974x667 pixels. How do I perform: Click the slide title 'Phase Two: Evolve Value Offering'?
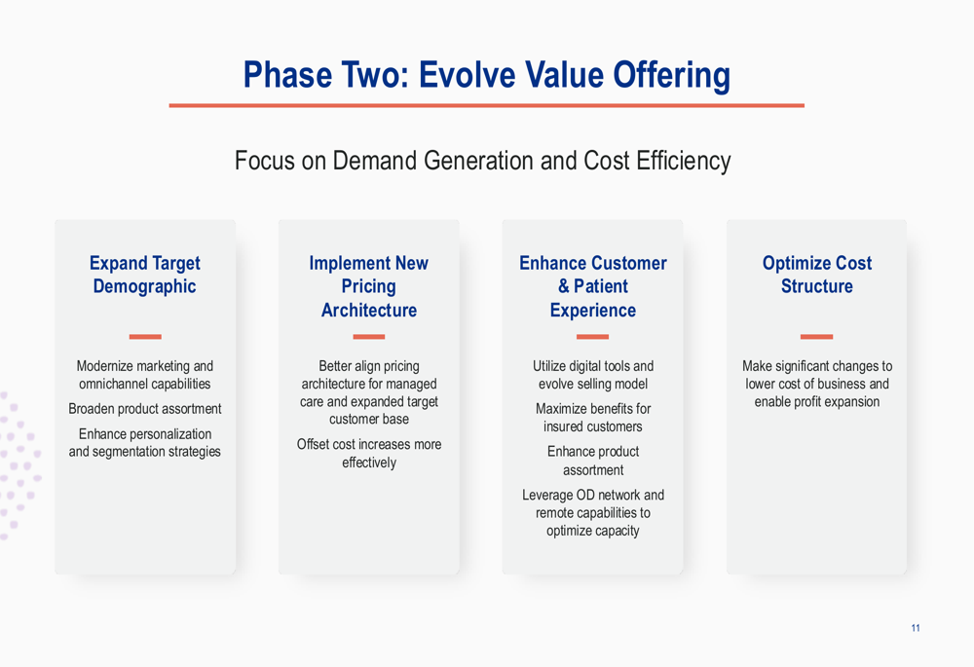[x=486, y=75]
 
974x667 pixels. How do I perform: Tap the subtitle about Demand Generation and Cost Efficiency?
[x=483, y=161]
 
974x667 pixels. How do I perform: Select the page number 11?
[x=916, y=628]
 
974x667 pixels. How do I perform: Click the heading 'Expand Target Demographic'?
[x=145, y=275]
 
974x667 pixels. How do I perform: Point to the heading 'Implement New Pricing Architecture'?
[x=369, y=286]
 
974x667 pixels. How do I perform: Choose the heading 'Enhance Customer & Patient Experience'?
[x=593, y=286]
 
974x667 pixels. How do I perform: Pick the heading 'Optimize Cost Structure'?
[x=817, y=275]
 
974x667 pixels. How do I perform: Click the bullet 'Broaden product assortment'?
[x=145, y=409]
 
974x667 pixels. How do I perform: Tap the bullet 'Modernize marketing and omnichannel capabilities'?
[x=145, y=375]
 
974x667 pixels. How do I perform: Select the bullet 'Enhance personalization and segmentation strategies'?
[x=145, y=443]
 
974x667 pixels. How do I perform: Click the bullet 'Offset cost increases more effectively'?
[x=369, y=454]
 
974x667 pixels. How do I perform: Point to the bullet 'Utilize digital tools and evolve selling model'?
[x=593, y=375]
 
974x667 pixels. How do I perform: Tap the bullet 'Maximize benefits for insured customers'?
[x=593, y=418]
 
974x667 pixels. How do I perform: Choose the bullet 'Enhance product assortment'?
[x=593, y=461]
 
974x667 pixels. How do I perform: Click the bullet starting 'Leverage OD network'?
[x=593, y=512]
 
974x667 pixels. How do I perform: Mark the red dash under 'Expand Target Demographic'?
[x=145, y=337]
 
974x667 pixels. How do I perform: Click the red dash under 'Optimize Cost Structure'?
[x=817, y=337]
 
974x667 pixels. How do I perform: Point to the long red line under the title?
[x=486, y=105]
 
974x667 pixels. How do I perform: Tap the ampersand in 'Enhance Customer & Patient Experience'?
[x=563, y=286]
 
